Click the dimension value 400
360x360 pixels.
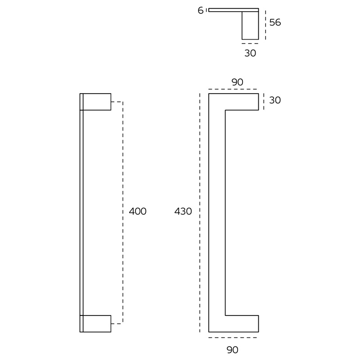click(138, 211)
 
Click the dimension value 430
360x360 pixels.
click(183, 211)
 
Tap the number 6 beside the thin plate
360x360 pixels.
click(200, 10)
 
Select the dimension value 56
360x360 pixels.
click(275, 22)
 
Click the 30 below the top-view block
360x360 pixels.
click(250, 53)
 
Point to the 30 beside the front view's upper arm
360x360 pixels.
click(275, 100)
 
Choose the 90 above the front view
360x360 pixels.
click(237, 82)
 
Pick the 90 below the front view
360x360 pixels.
click(232, 350)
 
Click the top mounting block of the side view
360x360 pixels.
click(97, 102)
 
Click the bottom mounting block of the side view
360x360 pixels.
click(97, 324)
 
